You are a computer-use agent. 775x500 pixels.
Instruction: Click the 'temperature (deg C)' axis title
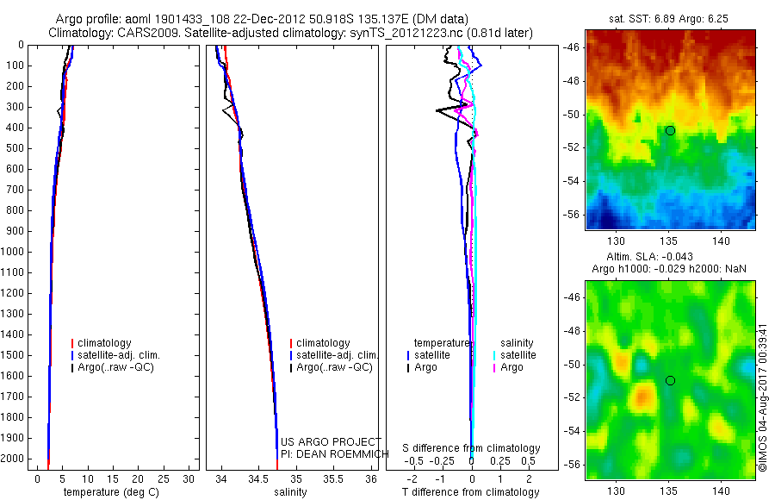tap(111, 492)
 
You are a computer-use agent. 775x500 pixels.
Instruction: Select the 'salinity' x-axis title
tap(291, 492)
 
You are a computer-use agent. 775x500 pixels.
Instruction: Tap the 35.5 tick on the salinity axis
tap(333, 478)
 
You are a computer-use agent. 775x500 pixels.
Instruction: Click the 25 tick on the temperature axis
tap(163, 478)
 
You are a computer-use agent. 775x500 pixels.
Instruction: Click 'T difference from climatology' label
tap(470, 492)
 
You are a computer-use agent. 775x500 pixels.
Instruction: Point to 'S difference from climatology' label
tap(471, 448)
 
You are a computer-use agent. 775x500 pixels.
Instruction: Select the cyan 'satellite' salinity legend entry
tap(515, 355)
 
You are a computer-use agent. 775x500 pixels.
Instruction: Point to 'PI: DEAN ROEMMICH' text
tap(335, 454)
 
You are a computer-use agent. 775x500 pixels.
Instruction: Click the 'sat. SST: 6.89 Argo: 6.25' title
tap(669, 19)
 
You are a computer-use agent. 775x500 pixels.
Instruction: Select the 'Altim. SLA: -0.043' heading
tap(649, 256)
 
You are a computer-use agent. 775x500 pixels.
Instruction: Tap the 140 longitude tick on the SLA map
tap(721, 491)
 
